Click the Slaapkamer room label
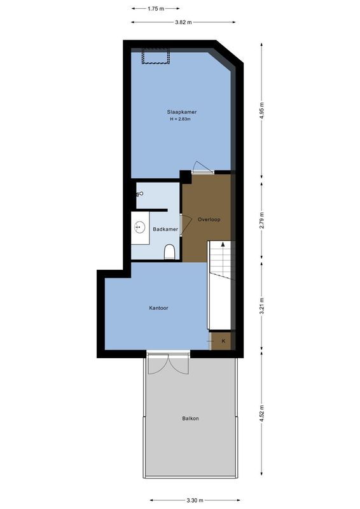183,112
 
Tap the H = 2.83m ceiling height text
183,120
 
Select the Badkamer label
165,229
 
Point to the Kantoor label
158,308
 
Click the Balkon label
190,418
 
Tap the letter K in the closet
223,341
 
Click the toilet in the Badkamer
169,254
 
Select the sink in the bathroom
139,227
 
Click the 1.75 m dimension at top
155,9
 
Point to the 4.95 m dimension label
262,112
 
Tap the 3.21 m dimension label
262,307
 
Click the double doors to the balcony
168,363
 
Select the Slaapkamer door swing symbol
202,167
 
